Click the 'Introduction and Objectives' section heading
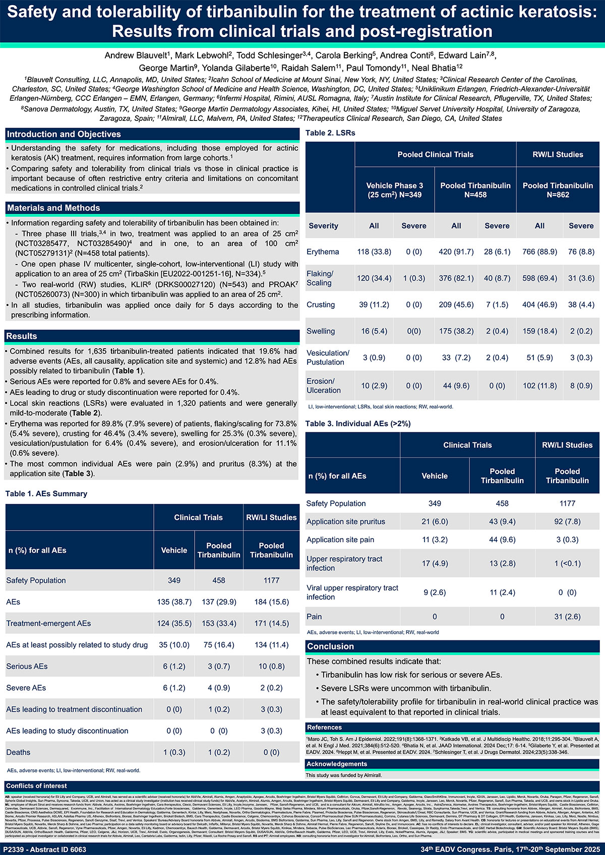64,135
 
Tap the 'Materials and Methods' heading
53,208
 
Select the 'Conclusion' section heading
331,646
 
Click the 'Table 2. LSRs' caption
330,133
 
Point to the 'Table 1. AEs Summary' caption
46,494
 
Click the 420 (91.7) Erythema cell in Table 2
456,252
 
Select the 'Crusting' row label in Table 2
321,305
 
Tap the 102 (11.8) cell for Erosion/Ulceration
539,386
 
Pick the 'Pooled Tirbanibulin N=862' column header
558,190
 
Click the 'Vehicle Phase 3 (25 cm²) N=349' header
394,190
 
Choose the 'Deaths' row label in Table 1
18,752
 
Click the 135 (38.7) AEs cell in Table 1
174,602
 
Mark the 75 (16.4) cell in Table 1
219,645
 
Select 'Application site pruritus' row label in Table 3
346,522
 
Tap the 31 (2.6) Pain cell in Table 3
567,617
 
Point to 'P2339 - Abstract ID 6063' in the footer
45,849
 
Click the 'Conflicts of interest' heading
36,786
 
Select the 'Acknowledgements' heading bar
337,764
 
